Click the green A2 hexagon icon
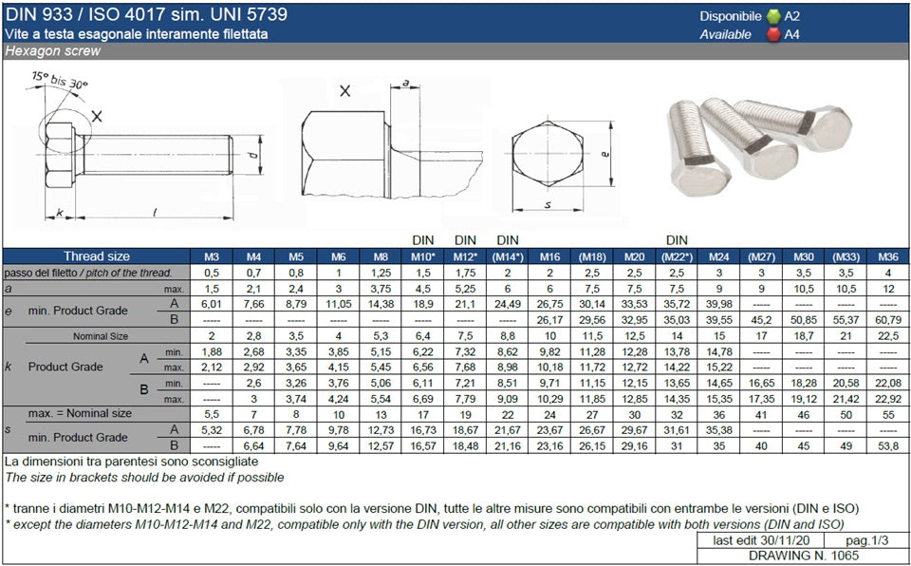click(772, 16)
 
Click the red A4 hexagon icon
click(772, 34)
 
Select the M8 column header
click(380, 256)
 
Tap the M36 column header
click(887, 256)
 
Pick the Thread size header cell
click(97, 256)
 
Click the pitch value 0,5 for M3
click(212, 273)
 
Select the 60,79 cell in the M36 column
click(887, 318)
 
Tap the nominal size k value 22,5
click(887, 336)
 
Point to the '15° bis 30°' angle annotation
click(58, 79)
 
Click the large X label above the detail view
click(344, 92)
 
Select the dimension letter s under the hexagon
click(548, 204)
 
